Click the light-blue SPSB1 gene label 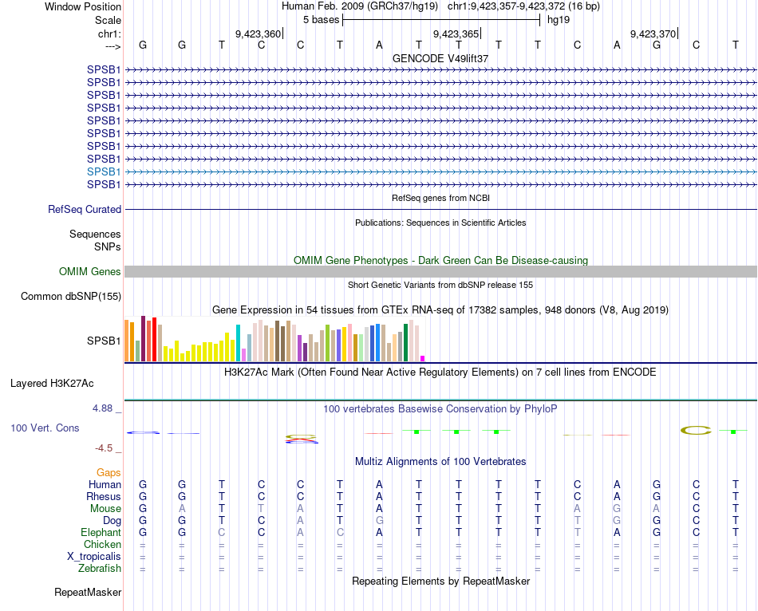click(x=104, y=171)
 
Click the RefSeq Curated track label click(x=85, y=209)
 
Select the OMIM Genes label click(x=90, y=272)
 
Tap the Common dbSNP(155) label click(x=70, y=297)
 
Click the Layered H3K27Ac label click(x=65, y=383)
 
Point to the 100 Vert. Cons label click(x=45, y=428)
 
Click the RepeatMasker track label click(x=88, y=593)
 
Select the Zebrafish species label click(x=100, y=569)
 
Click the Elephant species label click(x=101, y=533)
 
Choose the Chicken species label click(x=103, y=545)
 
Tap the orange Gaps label click(x=109, y=473)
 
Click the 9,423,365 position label click(x=456, y=34)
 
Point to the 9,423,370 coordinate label click(x=653, y=34)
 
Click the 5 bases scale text click(x=321, y=18)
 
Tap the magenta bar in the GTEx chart click(x=423, y=358)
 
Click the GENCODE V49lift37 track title click(x=440, y=59)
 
